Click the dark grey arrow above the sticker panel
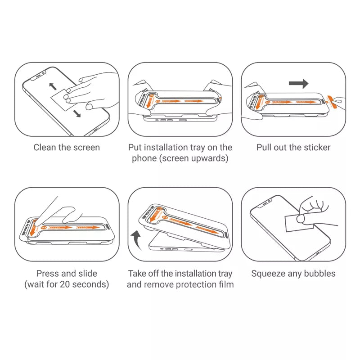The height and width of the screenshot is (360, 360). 298,84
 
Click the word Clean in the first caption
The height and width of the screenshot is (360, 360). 45,148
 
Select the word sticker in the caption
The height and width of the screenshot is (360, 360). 316,148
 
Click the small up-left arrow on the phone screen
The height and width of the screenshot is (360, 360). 53,86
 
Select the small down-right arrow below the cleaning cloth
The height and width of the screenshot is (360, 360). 77,114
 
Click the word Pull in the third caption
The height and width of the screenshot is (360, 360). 265,148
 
